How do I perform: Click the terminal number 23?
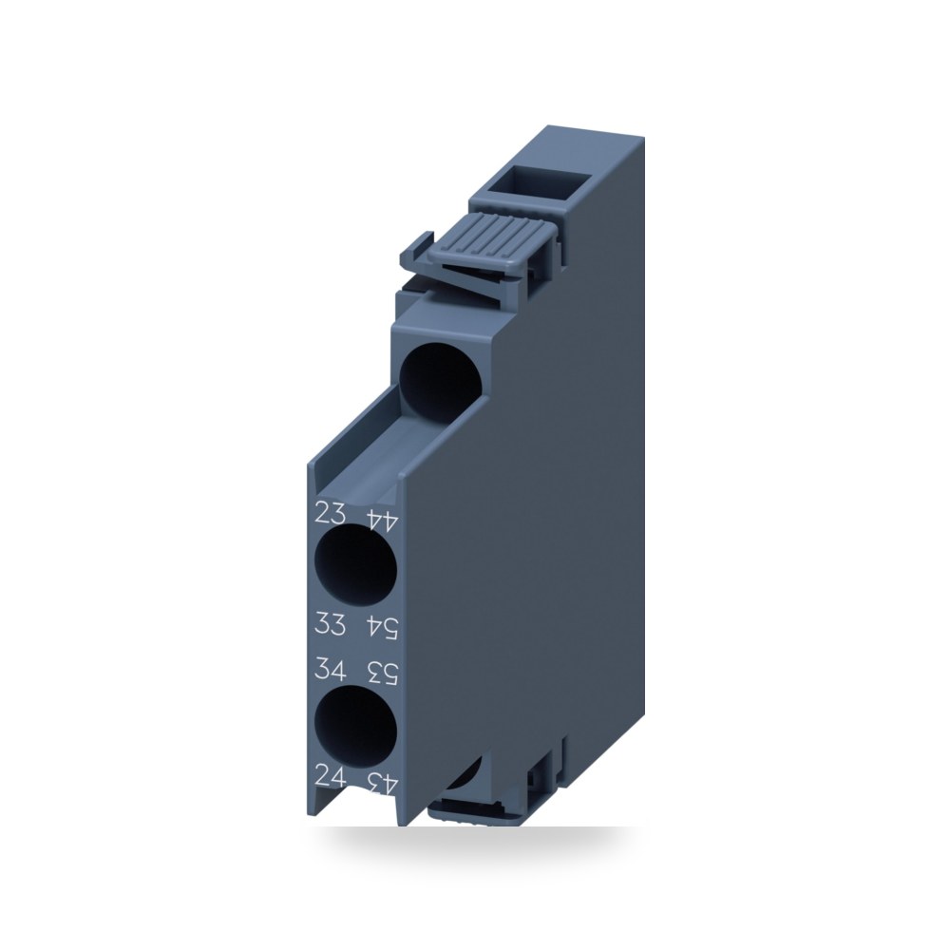point(331,513)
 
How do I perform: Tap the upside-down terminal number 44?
point(382,520)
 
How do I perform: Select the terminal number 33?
point(331,623)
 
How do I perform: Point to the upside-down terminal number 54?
point(382,629)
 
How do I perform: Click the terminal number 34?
point(331,670)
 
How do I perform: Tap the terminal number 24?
point(331,776)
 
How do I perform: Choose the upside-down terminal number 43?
point(382,782)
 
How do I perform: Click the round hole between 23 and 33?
point(356,564)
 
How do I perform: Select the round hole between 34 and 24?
point(356,727)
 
